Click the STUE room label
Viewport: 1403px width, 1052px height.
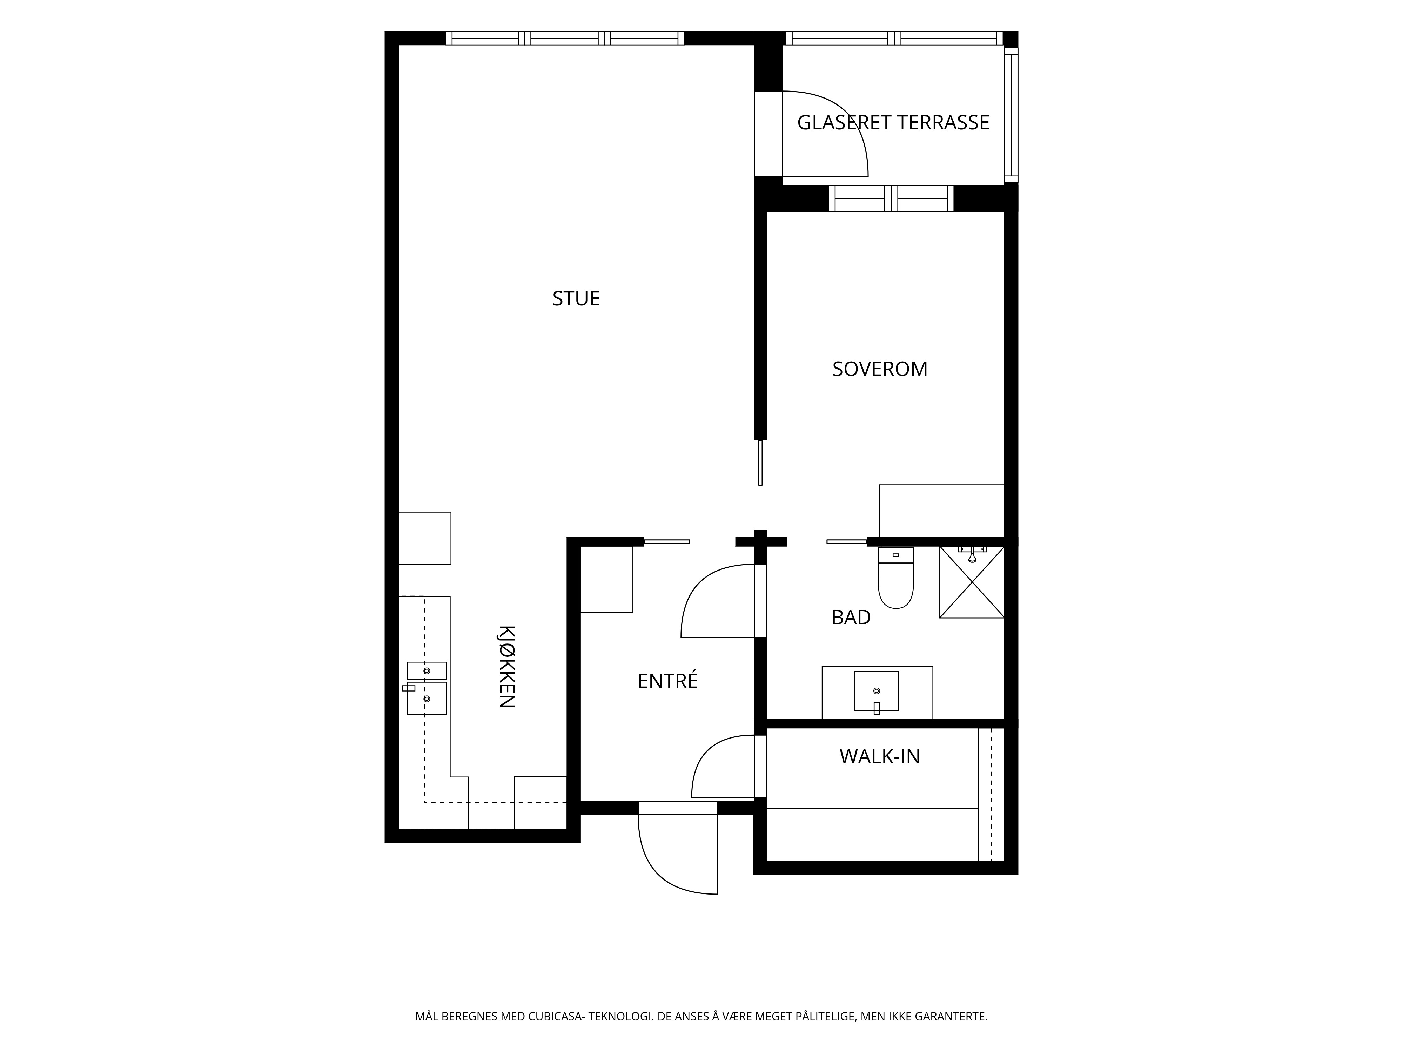coord(576,299)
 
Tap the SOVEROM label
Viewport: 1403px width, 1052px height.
coord(880,369)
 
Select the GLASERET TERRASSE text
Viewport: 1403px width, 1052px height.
coord(893,122)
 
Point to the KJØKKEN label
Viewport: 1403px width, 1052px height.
coord(505,667)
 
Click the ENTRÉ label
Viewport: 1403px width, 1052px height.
coord(667,680)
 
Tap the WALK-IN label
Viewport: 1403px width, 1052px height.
coord(880,756)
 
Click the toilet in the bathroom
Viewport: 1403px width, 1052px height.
coord(895,578)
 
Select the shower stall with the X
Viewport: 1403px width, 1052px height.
coord(972,581)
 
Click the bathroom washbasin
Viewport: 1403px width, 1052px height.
coord(877,691)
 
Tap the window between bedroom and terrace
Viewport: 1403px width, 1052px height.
coord(891,198)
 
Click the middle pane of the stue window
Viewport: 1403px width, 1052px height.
coord(564,38)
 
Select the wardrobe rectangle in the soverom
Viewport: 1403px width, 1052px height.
coord(942,511)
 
